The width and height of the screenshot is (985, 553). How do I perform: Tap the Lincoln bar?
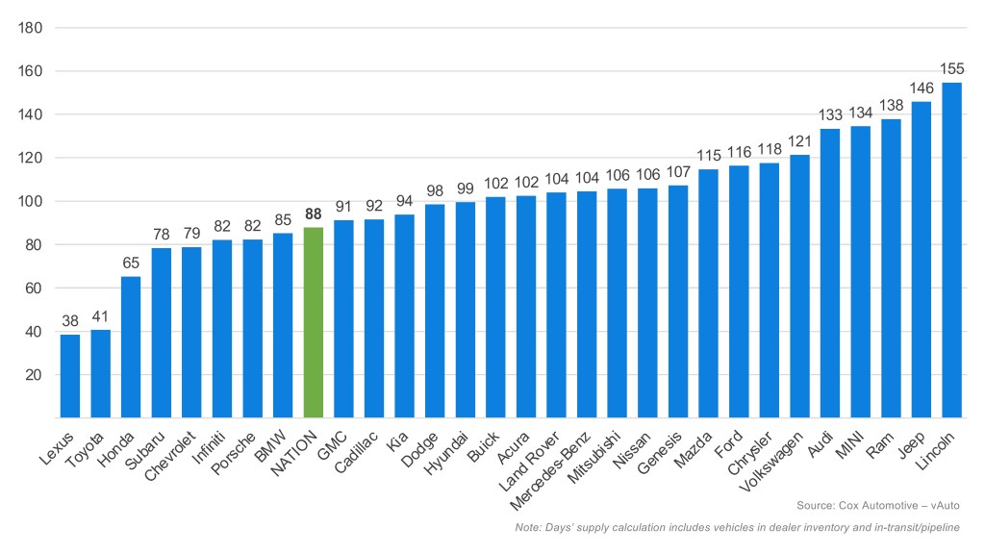[x=951, y=250]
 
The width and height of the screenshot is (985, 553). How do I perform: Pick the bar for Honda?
[x=131, y=347]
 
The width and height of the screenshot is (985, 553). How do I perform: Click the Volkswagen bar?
[x=799, y=286]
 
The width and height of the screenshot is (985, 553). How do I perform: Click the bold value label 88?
[x=314, y=214]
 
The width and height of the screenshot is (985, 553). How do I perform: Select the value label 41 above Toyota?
[x=101, y=316]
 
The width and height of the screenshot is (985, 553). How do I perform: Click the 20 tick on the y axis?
[x=32, y=375]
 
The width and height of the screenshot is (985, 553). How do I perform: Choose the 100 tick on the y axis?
[x=29, y=201]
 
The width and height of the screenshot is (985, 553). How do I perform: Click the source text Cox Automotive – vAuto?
[x=878, y=505]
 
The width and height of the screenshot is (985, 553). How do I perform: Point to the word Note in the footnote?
[x=529, y=527]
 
